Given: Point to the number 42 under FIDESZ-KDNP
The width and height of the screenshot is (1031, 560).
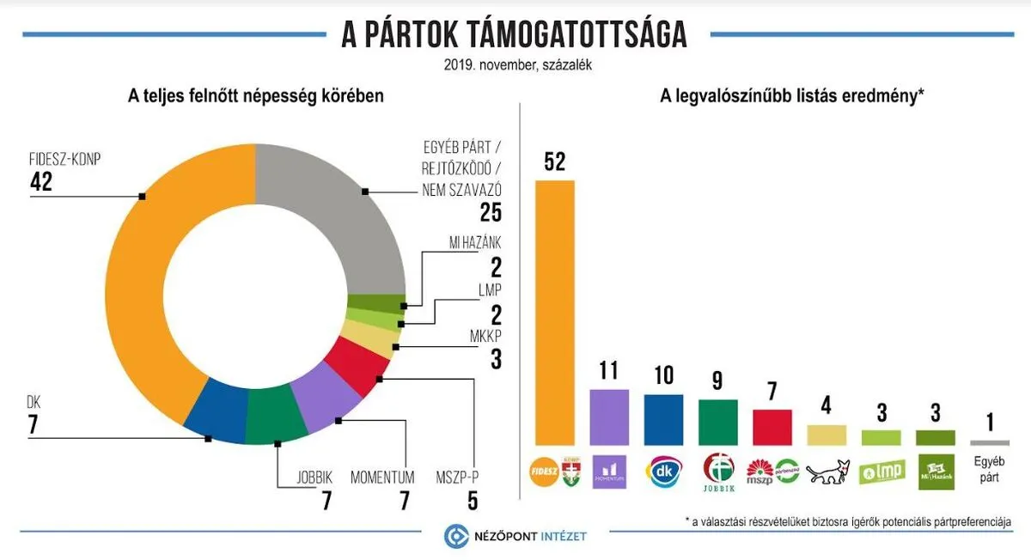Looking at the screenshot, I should click(x=41, y=181).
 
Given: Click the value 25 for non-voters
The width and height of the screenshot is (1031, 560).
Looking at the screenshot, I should click(x=490, y=212).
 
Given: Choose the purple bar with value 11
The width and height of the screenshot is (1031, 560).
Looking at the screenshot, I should click(x=609, y=417).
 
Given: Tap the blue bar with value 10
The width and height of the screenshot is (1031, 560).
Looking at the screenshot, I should click(x=663, y=419).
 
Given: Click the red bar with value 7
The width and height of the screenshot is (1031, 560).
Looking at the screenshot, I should click(x=772, y=427).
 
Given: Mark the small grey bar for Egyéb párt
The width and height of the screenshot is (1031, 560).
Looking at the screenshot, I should click(x=988, y=442).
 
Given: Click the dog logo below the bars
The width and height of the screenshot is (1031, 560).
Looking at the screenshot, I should click(x=827, y=473).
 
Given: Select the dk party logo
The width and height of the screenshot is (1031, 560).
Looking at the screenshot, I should click(x=663, y=472).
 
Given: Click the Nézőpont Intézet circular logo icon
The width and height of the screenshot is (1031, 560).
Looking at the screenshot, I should click(x=454, y=537).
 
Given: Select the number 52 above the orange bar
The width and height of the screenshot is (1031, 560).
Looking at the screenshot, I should click(x=555, y=162).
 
